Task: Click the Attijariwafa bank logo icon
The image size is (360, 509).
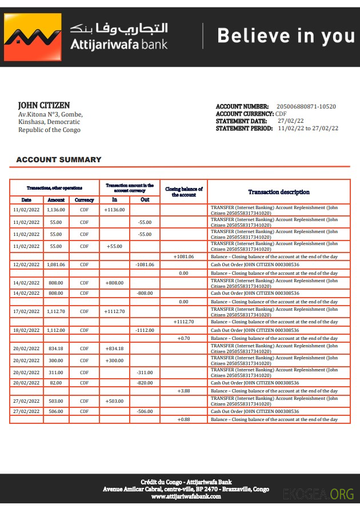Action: (x=33, y=37)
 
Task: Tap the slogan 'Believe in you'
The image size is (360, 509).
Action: (x=286, y=36)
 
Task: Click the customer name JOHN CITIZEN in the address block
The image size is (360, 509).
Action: (x=44, y=106)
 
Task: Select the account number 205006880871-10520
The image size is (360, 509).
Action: (x=306, y=107)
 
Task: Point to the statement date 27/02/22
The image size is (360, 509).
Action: (x=291, y=121)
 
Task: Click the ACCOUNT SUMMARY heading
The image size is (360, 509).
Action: (x=58, y=160)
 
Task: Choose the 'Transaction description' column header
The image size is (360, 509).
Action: (x=279, y=192)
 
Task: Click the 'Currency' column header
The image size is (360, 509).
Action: (x=84, y=200)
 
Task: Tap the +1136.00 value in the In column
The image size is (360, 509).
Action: (x=114, y=210)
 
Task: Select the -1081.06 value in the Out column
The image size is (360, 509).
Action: (x=145, y=265)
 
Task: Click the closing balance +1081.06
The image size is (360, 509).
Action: (x=183, y=256)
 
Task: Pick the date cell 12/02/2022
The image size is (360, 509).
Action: (x=26, y=265)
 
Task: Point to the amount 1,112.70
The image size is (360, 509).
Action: (x=56, y=311)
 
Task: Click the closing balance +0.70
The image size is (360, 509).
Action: (x=183, y=339)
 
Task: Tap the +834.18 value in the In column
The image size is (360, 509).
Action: (x=114, y=348)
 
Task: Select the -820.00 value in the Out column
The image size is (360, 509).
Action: (x=145, y=383)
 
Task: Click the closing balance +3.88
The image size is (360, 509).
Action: (x=183, y=391)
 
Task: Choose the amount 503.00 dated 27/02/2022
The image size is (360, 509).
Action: (x=56, y=401)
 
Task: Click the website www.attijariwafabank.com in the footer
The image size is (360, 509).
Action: (x=186, y=496)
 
